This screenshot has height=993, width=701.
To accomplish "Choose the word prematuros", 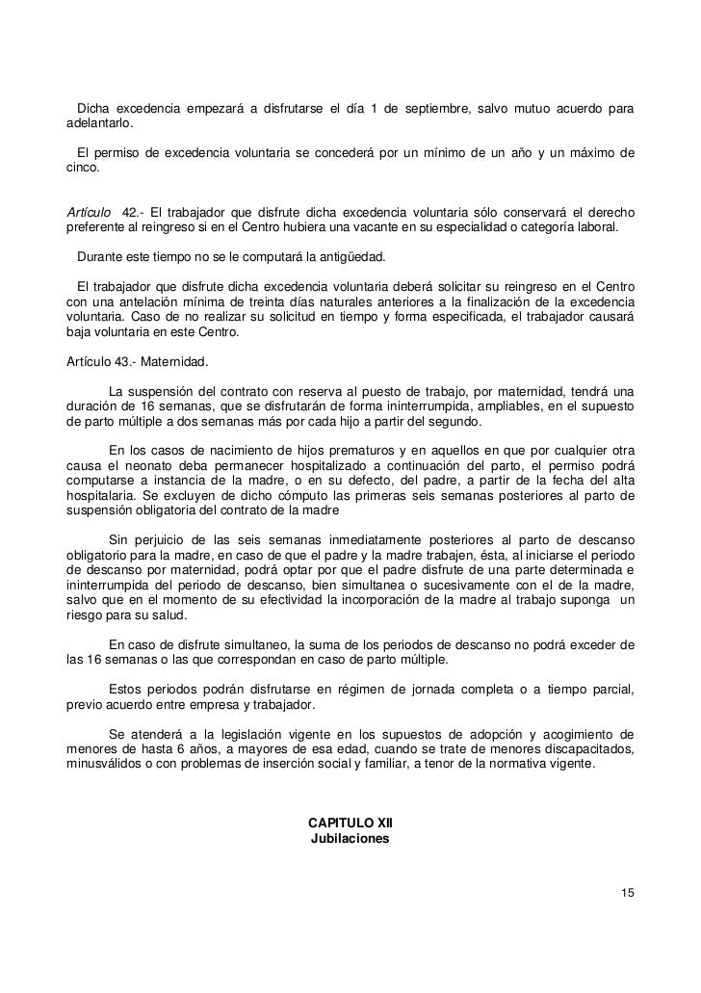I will pyautogui.click(x=348, y=452).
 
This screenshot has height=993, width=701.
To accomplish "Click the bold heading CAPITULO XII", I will pyautogui.click(x=350, y=823).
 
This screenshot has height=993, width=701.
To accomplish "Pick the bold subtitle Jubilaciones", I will pyautogui.click(x=350, y=839).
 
